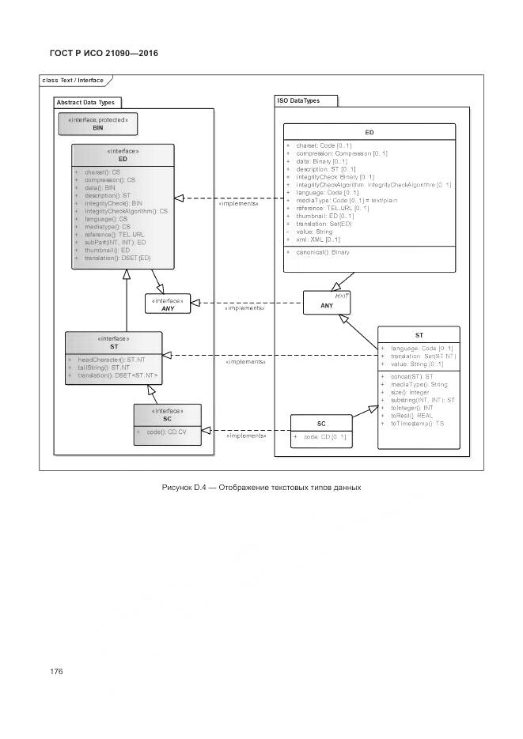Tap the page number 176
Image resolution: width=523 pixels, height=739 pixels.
coord(56,671)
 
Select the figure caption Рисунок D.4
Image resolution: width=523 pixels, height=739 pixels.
coord(261,487)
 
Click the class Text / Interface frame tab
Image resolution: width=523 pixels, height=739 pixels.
coord(73,81)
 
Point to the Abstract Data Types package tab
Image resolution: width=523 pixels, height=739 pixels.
coord(85,103)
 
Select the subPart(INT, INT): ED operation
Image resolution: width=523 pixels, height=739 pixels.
coord(115,242)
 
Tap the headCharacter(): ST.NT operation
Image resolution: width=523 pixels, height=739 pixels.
coord(112,360)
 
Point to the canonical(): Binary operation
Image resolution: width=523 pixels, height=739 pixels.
coord(318,252)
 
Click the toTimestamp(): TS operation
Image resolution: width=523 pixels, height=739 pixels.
coord(418,424)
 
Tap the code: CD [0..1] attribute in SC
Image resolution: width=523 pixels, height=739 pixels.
coord(321,436)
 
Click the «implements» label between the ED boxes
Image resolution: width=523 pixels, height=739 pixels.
coord(238,203)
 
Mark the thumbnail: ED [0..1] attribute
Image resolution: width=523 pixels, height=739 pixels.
coord(325,216)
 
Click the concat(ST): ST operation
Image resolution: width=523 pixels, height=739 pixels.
coord(407,376)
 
